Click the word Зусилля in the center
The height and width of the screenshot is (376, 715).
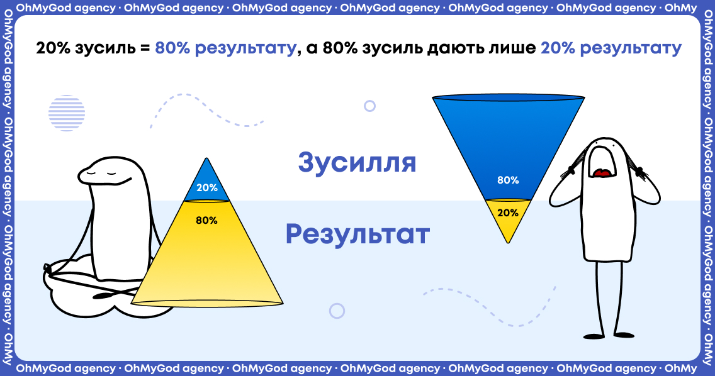(x=357, y=163)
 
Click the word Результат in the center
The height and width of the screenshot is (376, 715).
(x=357, y=234)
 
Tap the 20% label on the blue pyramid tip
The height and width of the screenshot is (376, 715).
(x=207, y=187)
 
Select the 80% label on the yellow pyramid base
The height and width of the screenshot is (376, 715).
(x=206, y=220)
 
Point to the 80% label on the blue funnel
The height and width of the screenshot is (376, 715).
(x=508, y=180)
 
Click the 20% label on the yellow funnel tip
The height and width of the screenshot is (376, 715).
(x=508, y=213)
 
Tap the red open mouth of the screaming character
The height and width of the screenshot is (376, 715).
(x=603, y=173)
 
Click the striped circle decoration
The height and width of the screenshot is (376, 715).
(x=67, y=113)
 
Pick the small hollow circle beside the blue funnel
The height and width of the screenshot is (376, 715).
(x=370, y=106)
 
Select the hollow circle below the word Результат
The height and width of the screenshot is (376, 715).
(x=337, y=311)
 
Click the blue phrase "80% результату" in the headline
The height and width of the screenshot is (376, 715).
(x=226, y=48)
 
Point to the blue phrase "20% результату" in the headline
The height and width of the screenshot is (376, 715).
(x=611, y=48)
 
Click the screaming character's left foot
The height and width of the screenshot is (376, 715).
(x=594, y=336)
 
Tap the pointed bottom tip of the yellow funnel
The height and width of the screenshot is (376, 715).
(x=508, y=243)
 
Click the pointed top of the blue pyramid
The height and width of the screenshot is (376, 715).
(x=207, y=158)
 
